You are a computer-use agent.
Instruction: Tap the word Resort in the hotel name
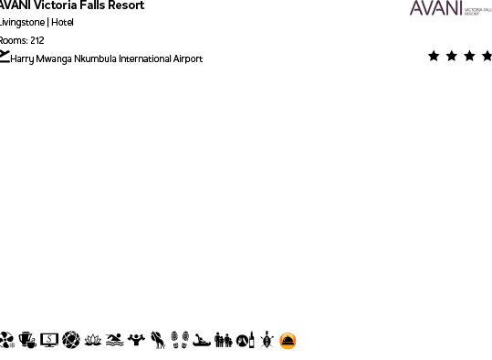(125, 5)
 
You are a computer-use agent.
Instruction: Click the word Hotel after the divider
(63, 23)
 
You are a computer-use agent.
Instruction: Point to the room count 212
(36, 40)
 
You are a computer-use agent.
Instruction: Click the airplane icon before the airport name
(5, 58)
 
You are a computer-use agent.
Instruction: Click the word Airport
(188, 58)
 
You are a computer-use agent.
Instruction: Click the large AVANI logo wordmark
(436, 8)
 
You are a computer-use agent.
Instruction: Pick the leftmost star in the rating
(434, 56)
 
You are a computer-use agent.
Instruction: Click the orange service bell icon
(288, 341)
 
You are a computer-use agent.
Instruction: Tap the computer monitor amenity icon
(48, 341)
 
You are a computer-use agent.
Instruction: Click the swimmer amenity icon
(114, 341)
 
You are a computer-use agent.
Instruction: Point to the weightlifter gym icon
(136, 341)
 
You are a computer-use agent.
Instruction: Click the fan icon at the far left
(6, 341)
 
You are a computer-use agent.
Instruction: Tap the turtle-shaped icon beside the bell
(267, 341)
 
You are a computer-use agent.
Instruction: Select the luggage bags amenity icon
(224, 341)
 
